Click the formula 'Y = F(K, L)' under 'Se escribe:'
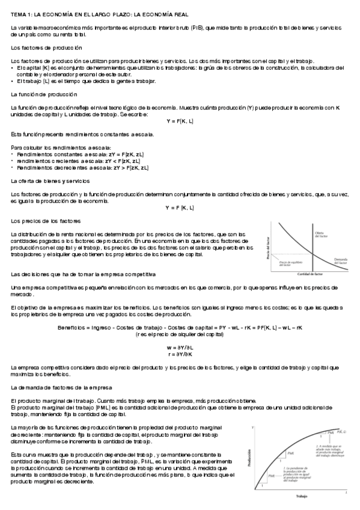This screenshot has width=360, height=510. coord(179,120)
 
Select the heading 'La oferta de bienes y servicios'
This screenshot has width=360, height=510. coord(50,180)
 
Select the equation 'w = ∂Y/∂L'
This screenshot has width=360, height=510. coord(179,348)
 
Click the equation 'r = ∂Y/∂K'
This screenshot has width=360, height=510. coord(179,355)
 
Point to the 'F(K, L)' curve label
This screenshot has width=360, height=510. coord(340,432)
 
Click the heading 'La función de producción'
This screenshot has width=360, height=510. coord(44,94)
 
